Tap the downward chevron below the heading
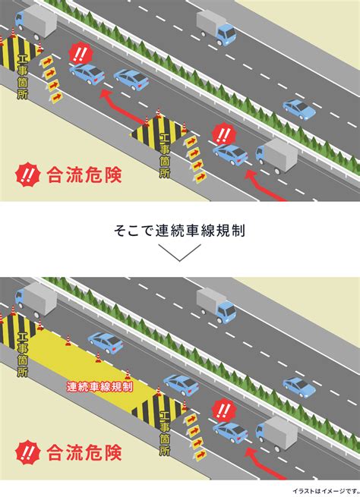(x=180, y=253)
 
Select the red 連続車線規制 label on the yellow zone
(x=99, y=387)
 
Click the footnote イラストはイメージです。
(x=326, y=491)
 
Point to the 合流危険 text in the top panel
(x=84, y=175)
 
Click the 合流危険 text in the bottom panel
(x=84, y=452)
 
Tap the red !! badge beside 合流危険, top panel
(x=28, y=175)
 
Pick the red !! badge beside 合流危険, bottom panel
(x=28, y=452)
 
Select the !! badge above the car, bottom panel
(x=224, y=411)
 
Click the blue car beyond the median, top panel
(x=299, y=109)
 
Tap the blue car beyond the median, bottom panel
(x=299, y=387)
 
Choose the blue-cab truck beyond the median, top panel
(x=216, y=28)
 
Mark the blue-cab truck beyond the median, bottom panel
(x=216, y=306)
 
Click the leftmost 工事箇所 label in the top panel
(x=23, y=77)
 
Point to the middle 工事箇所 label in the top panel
(x=165, y=156)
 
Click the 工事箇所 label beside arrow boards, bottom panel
(x=165, y=433)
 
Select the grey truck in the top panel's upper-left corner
(x=36, y=21)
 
